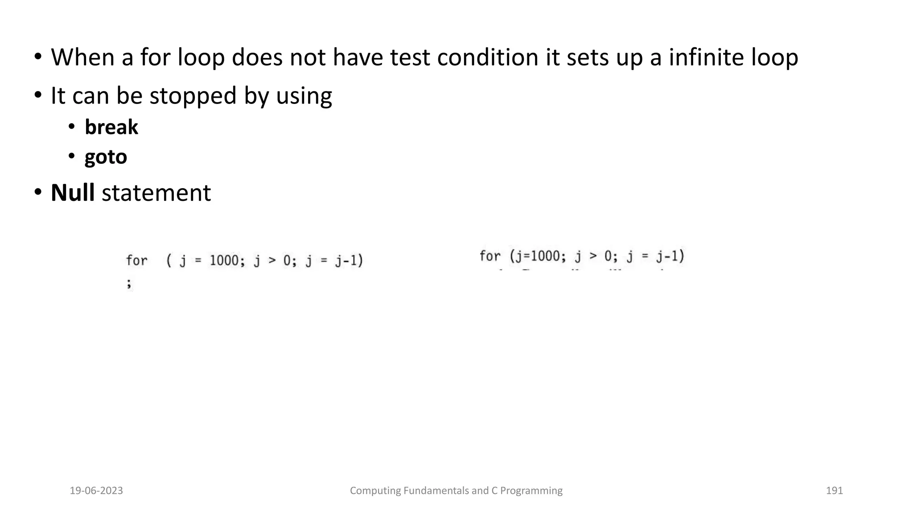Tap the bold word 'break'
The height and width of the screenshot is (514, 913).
[111, 127]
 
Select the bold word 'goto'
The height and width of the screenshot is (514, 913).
[106, 157]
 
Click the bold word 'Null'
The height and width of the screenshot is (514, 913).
[72, 193]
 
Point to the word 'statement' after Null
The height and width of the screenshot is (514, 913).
[156, 193]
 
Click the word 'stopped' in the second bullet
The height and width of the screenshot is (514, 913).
[193, 96]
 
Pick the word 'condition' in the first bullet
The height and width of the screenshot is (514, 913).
[488, 58]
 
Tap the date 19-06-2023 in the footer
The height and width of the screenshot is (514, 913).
[96, 491]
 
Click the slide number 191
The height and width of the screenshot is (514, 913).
[834, 491]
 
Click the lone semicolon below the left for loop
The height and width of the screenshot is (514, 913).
[129, 283]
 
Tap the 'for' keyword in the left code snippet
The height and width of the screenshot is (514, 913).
[136, 260]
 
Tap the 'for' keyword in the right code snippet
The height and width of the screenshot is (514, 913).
[490, 256]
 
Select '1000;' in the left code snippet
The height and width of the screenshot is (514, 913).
[227, 260]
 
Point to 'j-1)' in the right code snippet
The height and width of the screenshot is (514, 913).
[670, 256]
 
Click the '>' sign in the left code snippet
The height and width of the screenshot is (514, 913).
[272, 260]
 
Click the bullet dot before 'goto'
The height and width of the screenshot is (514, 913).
[71, 156]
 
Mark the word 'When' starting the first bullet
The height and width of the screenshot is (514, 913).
[83, 58]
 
